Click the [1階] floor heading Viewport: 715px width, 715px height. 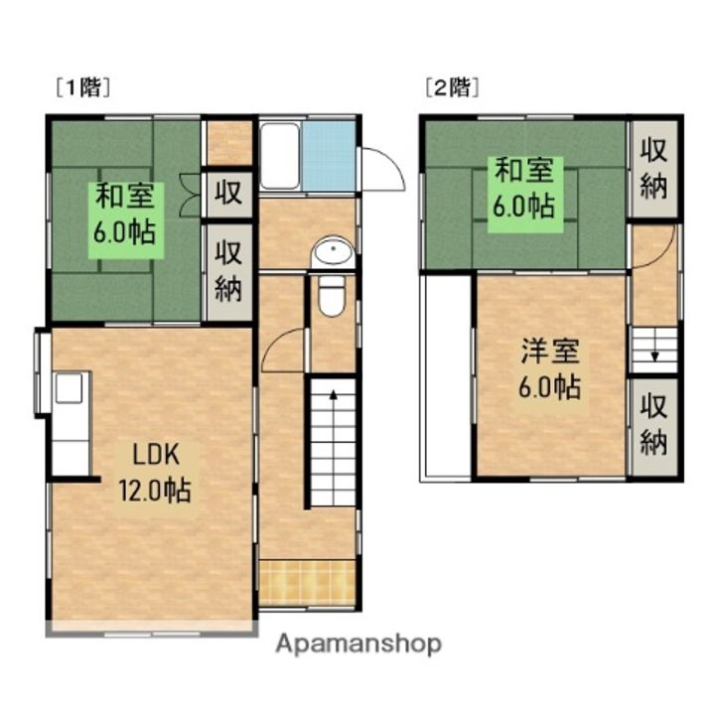click(81, 86)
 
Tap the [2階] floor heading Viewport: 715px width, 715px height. click(452, 86)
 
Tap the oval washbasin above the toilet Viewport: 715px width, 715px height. click(332, 252)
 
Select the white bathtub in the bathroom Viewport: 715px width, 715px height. click(279, 157)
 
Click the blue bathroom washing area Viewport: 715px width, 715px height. click(328, 157)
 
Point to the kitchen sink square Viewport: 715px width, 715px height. click(69, 388)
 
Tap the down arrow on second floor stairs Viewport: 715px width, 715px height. click(653, 354)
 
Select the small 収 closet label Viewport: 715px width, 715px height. click(228, 193)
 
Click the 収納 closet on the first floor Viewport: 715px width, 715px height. click(228, 272)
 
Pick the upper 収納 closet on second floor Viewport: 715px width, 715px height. click(652, 169)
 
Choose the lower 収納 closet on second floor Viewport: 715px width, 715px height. click(652, 424)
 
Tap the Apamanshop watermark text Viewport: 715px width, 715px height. click(358, 644)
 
